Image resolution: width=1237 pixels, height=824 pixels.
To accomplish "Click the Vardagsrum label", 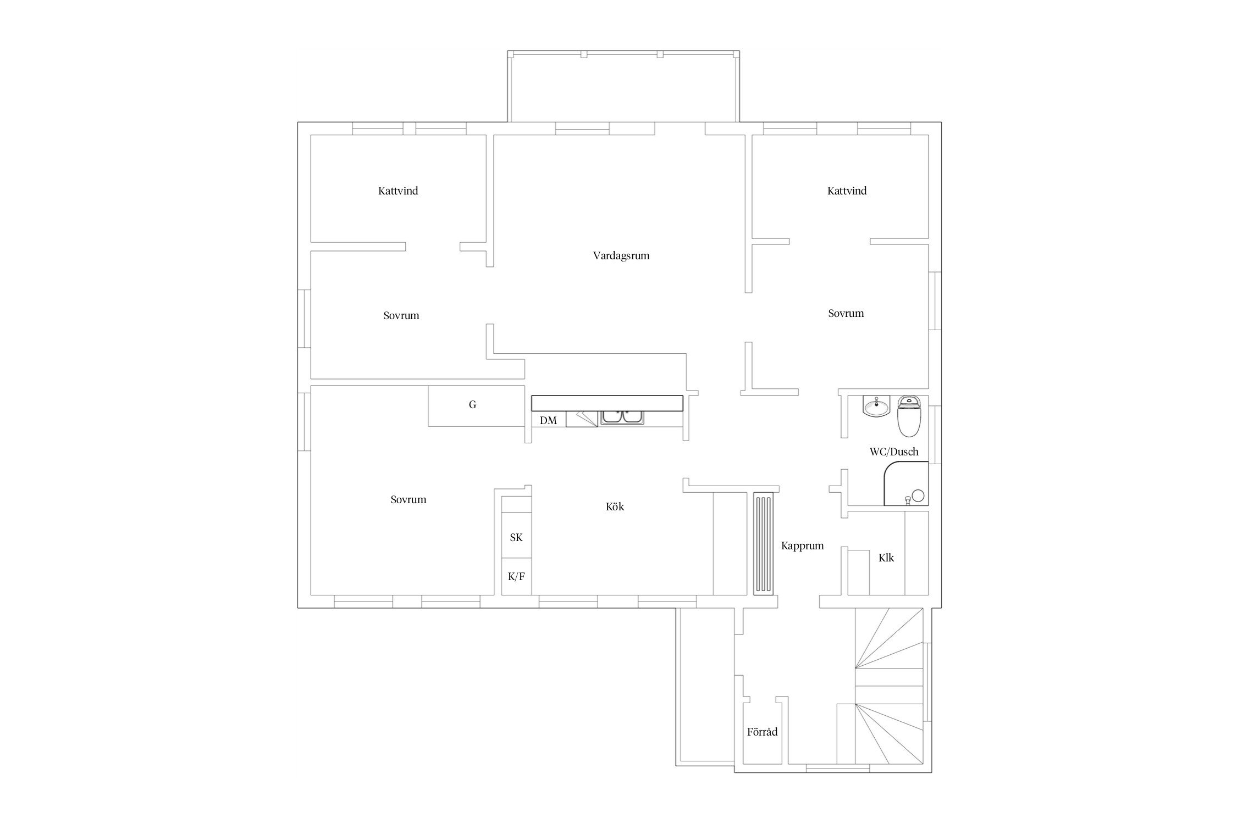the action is point(621,256).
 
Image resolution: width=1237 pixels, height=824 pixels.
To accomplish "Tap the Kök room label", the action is point(615,506).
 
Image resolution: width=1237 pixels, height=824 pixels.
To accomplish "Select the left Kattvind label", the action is point(398,191).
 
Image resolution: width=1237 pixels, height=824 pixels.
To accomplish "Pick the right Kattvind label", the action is point(847,191).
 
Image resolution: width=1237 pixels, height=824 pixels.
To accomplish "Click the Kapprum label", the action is point(802,546).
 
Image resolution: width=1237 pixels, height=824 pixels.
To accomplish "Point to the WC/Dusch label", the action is point(894,452).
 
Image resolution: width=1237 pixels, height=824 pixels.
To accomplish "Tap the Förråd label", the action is point(762,732).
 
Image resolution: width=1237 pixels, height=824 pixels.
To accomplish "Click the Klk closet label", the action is point(886,558).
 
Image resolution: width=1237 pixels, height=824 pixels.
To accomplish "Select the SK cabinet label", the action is point(516,538).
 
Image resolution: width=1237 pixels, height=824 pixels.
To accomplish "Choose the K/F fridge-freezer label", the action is point(516,576).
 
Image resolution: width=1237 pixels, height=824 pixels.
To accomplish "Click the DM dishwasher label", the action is point(548,421).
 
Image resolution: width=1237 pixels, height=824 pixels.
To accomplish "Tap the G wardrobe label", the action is point(472,405).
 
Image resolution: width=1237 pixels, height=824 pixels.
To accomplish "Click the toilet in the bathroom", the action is point(909,416).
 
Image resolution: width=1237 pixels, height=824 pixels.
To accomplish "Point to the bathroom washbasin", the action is point(876,407).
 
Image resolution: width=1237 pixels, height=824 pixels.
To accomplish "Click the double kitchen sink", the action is point(623,417).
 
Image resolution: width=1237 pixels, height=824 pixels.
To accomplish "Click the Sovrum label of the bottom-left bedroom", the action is point(408,500).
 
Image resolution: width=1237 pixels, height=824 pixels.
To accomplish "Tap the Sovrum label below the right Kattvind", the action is point(846,314).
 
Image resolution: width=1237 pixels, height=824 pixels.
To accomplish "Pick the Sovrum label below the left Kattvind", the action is point(401,316).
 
